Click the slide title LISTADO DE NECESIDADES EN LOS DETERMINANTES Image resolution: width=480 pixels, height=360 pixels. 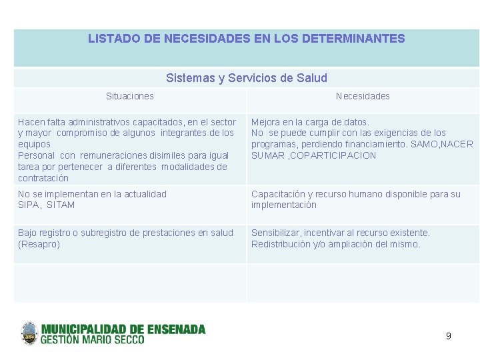(x=246, y=39)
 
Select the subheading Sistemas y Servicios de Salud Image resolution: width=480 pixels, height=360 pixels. (x=247, y=78)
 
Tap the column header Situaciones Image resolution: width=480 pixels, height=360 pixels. (x=129, y=96)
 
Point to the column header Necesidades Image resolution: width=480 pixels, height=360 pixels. (x=363, y=96)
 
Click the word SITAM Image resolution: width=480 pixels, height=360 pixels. (x=61, y=205)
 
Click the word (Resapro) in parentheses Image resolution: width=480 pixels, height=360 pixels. (x=39, y=244)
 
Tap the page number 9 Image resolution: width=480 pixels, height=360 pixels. (x=448, y=336)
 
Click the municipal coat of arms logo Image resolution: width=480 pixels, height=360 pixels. (x=29, y=333)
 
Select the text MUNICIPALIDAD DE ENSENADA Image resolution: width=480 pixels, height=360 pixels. (x=124, y=329)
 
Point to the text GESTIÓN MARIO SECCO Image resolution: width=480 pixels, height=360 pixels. (x=93, y=340)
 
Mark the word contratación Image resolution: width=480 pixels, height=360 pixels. (x=43, y=178)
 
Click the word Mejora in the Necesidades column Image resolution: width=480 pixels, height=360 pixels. (x=265, y=122)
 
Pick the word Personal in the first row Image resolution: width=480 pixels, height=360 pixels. (x=37, y=155)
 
